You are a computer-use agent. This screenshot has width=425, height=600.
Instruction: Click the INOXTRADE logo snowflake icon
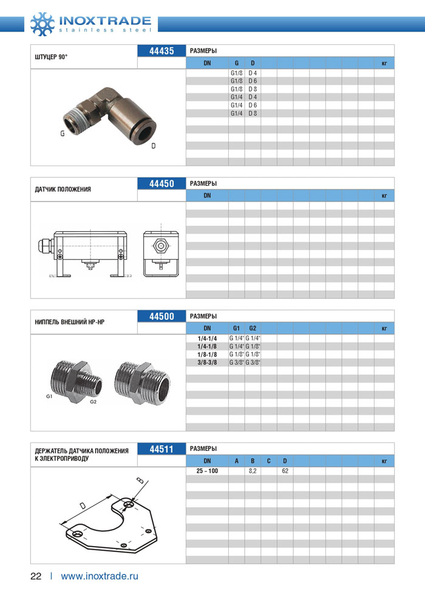[x=42, y=22]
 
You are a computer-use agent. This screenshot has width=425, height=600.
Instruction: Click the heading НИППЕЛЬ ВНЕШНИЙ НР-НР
[x=70, y=322]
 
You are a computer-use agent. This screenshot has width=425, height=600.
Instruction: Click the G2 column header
[x=253, y=328]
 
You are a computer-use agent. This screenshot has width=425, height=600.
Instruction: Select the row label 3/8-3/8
[x=207, y=362]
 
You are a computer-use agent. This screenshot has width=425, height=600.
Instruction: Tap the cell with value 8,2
[x=253, y=471]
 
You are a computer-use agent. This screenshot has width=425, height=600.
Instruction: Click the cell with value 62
[x=285, y=471]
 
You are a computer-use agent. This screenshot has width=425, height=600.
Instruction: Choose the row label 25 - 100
[x=207, y=471]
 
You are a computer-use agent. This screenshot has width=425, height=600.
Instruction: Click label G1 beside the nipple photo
[x=49, y=396]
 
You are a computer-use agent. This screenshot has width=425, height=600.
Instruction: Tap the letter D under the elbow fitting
[x=153, y=146]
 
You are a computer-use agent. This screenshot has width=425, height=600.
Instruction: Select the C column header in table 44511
[x=268, y=461]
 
